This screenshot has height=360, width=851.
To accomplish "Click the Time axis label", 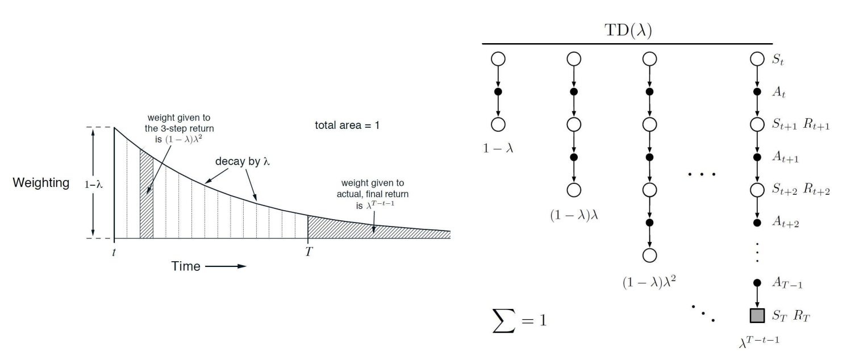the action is coord(186,266).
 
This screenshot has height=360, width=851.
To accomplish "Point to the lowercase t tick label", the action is coord(114,251).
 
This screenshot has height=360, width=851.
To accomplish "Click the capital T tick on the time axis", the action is coord(308,251).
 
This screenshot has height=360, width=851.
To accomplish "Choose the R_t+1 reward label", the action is coord(816,125).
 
